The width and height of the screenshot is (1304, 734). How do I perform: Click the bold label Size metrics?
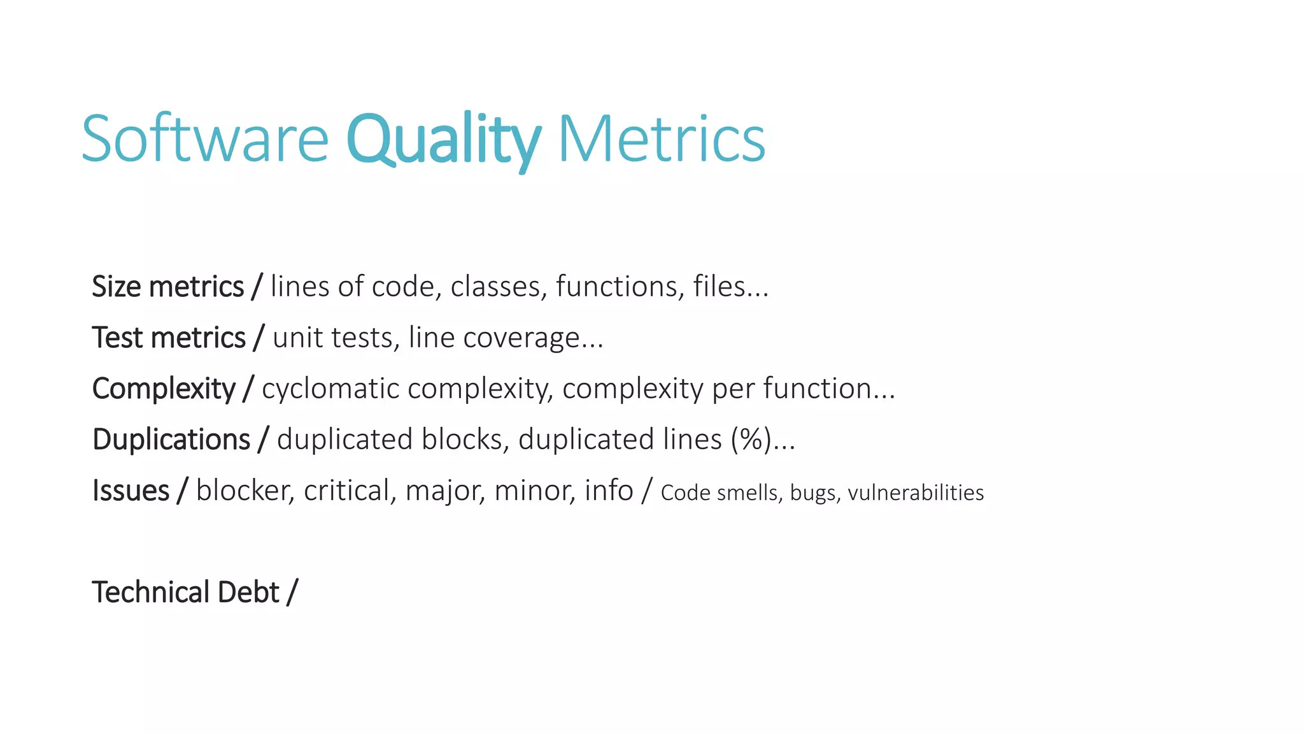click(168, 287)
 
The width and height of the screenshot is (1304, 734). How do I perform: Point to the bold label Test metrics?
click(169, 338)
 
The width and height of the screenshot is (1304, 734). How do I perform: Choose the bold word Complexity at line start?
click(164, 389)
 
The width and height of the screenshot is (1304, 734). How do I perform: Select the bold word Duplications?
click(171, 440)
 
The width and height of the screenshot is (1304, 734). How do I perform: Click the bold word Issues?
click(131, 491)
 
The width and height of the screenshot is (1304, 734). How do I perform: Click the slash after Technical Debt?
click(292, 593)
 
